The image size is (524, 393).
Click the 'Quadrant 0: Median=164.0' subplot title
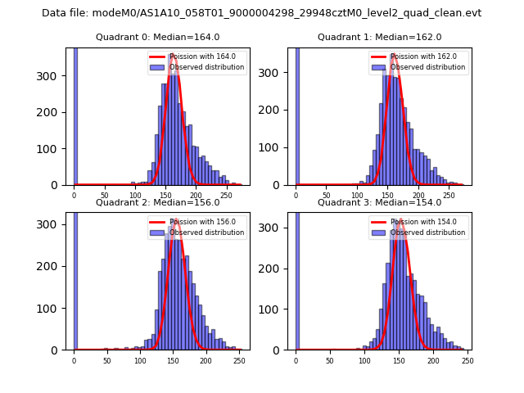157,37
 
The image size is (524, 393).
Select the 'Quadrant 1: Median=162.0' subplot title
379,37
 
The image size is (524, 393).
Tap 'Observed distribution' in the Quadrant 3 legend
427,233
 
